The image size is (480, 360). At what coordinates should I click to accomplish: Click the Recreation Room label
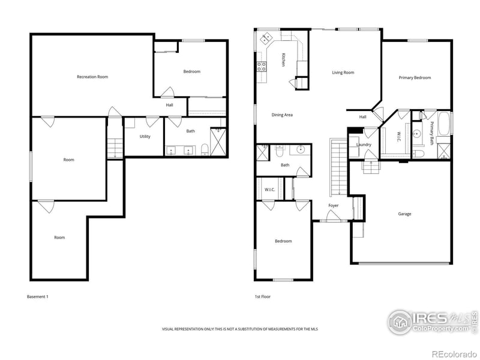[92, 77]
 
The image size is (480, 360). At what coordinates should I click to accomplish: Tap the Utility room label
[145, 136]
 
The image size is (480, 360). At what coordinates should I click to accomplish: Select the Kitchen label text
[283, 60]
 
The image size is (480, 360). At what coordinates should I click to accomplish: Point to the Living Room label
[343, 73]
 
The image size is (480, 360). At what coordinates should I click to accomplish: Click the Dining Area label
[282, 115]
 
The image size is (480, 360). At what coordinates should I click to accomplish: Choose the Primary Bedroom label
[415, 77]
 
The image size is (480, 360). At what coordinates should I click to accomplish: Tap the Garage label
[404, 214]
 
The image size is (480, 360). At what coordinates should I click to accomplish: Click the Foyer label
[333, 206]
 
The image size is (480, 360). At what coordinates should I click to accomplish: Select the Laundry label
[364, 145]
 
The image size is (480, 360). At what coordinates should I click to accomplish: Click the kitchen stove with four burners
[262, 67]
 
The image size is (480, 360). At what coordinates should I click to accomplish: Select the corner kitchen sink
[265, 41]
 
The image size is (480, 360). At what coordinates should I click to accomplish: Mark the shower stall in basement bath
[218, 142]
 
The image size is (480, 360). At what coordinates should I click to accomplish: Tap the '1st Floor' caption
[262, 296]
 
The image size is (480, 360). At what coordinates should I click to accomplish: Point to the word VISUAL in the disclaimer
[169, 329]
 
